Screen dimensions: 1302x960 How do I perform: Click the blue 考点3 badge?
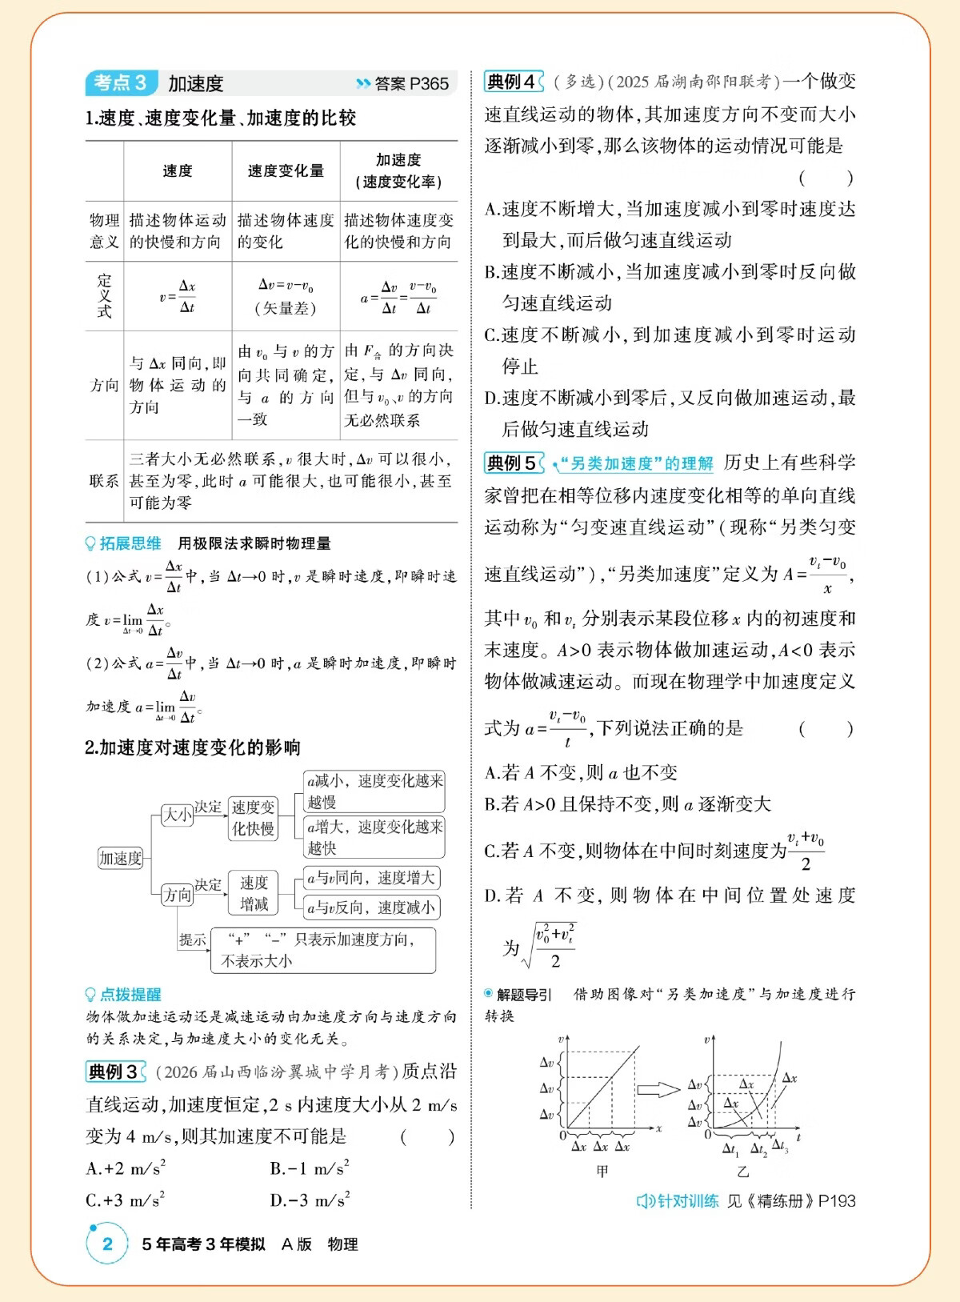click(121, 82)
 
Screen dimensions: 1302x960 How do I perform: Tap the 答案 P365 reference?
click(403, 83)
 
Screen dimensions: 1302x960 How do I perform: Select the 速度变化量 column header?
click(286, 170)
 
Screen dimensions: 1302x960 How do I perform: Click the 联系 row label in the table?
click(104, 481)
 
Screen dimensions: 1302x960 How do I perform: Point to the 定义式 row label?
click(104, 295)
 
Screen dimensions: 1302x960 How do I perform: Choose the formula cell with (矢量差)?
click(286, 296)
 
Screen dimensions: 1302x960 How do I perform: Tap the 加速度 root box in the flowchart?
click(120, 858)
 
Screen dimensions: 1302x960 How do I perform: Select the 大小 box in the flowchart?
click(177, 815)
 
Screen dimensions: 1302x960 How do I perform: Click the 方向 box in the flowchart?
click(177, 894)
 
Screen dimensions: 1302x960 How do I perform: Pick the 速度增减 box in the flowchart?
click(254, 893)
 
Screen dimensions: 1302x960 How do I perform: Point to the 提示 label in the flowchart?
click(193, 939)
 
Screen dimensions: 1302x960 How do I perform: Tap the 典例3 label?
click(114, 1072)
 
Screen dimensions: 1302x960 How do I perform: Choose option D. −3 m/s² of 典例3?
click(310, 1200)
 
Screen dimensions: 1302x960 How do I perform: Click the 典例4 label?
click(513, 82)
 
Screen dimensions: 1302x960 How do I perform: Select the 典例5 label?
click(513, 463)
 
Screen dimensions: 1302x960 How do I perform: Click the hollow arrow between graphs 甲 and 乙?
click(658, 1089)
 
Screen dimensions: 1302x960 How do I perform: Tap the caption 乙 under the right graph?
click(742, 1172)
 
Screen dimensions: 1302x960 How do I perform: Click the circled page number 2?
click(107, 1244)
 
